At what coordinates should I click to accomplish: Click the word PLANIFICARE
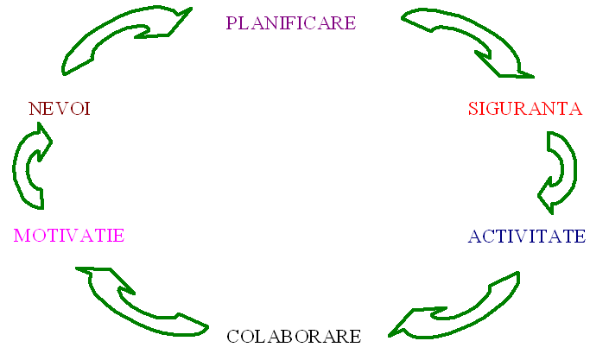point(290,22)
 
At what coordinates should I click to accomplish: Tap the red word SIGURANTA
point(524,109)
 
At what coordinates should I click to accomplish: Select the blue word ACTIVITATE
point(526,237)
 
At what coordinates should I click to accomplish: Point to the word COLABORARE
point(293,336)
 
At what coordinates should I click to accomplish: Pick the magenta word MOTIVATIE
point(68,235)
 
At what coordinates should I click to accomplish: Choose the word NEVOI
point(60,109)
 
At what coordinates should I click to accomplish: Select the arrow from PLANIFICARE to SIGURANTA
point(466,39)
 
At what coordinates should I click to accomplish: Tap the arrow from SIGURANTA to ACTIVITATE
point(560,169)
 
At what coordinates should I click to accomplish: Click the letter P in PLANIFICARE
point(232,22)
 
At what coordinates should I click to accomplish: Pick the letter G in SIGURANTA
point(492,110)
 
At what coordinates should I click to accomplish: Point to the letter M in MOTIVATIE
point(22,235)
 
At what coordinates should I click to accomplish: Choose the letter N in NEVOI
point(35,109)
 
